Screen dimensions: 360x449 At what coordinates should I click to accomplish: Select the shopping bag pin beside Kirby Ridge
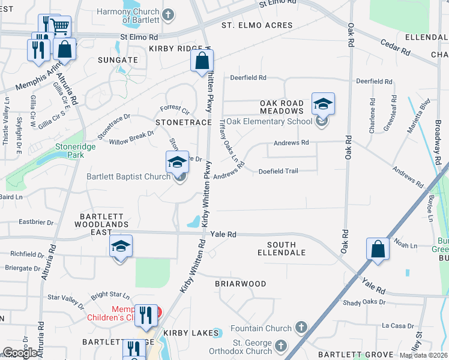click(x=202, y=61)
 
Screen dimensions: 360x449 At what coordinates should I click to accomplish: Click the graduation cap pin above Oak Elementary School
click(x=322, y=105)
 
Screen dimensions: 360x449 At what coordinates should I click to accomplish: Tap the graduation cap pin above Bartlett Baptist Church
click(x=177, y=163)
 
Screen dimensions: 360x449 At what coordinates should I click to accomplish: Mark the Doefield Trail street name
click(x=278, y=172)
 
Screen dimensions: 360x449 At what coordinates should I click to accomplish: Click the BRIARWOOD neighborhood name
click(x=240, y=283)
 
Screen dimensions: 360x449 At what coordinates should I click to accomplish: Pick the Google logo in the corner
click(x=20, y=353)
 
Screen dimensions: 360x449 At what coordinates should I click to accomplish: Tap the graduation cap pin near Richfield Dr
click(x=121, y=247)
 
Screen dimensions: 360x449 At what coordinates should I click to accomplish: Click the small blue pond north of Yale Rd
click(x=194, y=222)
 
